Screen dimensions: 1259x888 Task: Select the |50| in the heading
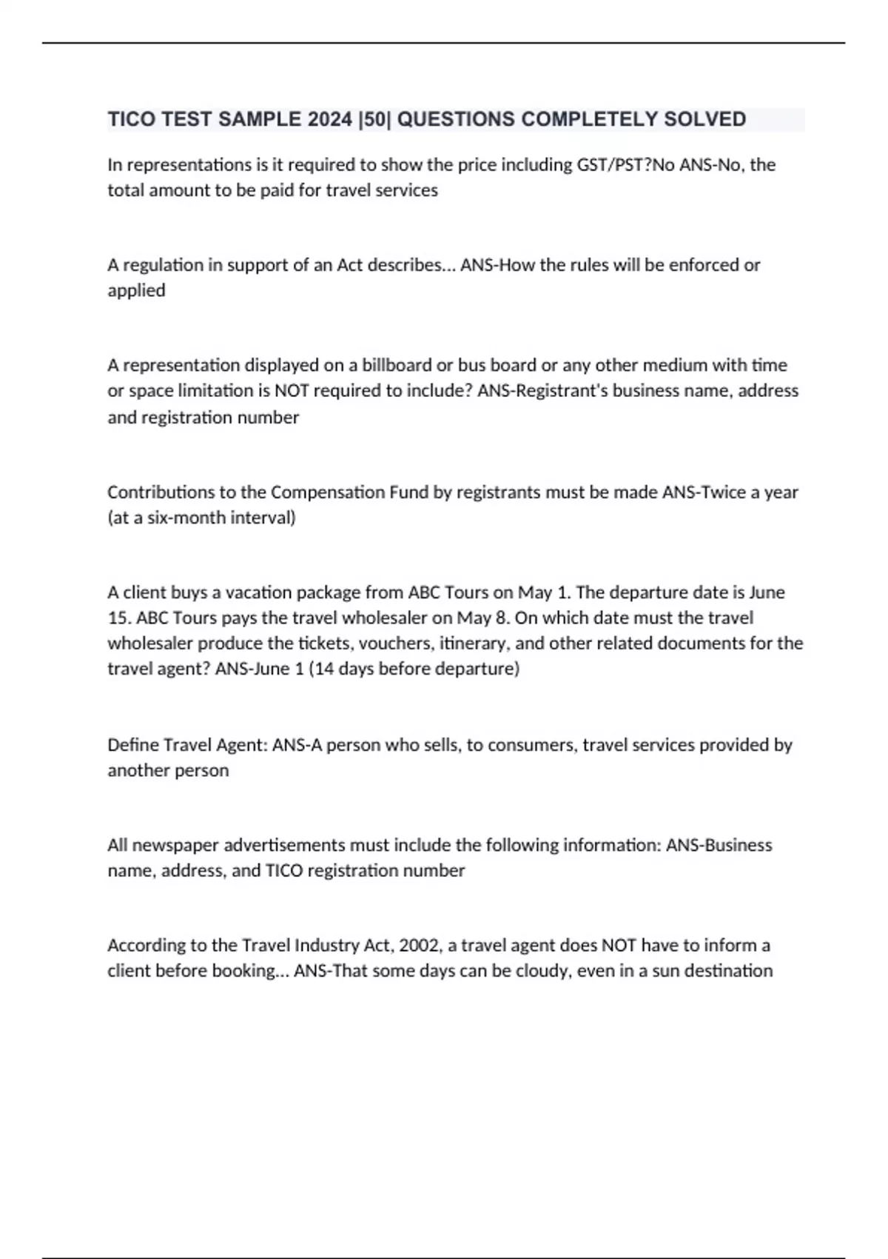[x=374, y=119]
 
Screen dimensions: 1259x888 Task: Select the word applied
[x=136, y=290]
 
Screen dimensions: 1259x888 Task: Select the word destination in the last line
[x=728, y=971]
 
